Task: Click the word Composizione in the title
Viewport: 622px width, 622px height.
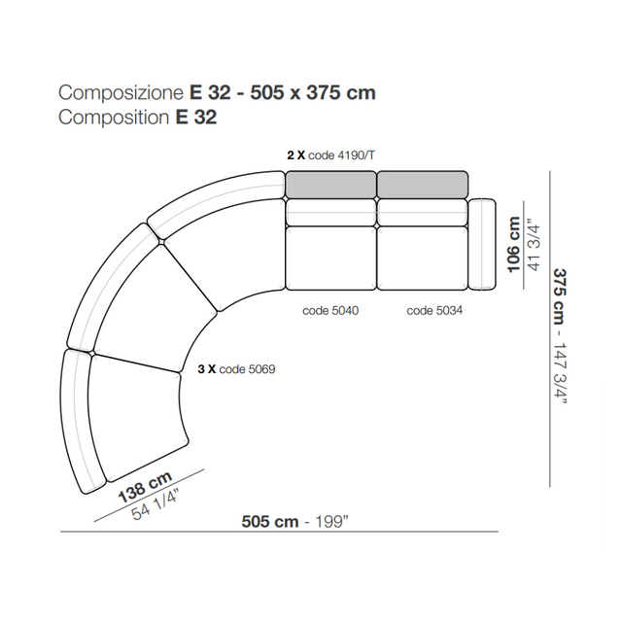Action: pyautogui.click(x=121, y=93)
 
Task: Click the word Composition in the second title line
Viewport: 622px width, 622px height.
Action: pyautogui.click(x=114, y=118)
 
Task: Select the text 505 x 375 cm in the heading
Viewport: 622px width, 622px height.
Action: pyautogui.click(x=313, y=92)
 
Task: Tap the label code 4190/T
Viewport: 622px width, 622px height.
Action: pyautogui.click(x=341, y=155)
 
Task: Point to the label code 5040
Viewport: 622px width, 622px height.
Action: pyautogui.click(x=330, y=310)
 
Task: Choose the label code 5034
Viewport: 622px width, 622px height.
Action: pyautogui.click(x=434, y=310)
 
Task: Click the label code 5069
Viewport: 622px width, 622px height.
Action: pyautogui.click(x=247, y=369)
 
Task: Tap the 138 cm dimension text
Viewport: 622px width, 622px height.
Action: pyautogui.click(x=145, y=487)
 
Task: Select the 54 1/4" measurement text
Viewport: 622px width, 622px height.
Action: pyautogui.click(x=155, y=504)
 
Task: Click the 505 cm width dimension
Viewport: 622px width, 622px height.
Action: pyautogui.click(x=270, y=521)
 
